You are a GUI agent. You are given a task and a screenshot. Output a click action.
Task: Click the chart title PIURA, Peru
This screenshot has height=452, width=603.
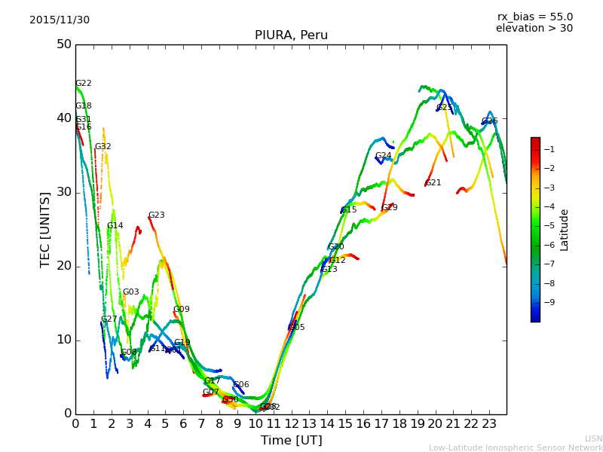(291, 35)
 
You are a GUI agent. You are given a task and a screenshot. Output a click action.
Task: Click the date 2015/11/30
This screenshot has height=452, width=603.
(60, 20)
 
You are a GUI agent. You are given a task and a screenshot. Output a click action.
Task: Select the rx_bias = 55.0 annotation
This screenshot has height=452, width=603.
(534, 17)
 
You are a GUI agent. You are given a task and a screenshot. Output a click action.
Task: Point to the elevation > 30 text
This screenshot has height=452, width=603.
(534, 29)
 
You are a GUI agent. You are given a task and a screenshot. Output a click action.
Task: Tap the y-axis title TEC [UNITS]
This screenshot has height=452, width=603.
(45, 229)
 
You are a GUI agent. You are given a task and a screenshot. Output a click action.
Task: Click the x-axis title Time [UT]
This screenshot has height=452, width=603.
(291, 441)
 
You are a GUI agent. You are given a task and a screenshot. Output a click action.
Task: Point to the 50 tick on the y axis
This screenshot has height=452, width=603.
(63, 44)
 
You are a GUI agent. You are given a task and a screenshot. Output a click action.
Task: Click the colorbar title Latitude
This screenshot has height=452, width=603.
(565, 230)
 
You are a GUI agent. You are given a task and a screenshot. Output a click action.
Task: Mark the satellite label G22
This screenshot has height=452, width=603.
(83, 84)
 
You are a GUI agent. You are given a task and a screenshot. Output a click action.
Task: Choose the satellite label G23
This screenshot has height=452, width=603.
(156, 215)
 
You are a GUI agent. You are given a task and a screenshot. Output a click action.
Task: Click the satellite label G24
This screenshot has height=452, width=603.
(383, 156)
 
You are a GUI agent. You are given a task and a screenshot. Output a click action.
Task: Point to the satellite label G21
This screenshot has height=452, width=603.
(433, 183)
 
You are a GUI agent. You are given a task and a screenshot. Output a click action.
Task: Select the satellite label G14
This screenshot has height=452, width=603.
(115, 226)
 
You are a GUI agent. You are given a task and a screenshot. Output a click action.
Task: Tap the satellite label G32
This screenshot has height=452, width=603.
(103, 147)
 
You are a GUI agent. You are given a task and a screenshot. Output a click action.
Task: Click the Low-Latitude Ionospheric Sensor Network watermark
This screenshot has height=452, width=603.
(516, 448)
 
